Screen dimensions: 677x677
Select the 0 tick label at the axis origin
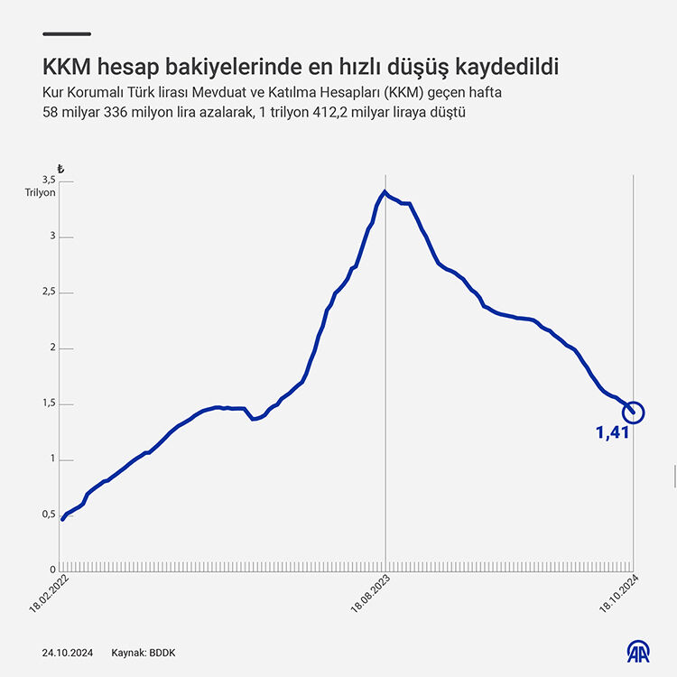52,570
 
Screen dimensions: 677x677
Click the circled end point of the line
634,413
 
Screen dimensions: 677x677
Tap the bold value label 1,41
612,433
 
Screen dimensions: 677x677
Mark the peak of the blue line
385,191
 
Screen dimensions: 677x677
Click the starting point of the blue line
62,519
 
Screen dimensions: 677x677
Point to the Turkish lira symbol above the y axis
60,169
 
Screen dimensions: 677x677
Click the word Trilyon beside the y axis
41,192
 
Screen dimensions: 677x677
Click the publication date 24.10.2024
66,652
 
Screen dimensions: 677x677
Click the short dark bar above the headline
66,34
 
